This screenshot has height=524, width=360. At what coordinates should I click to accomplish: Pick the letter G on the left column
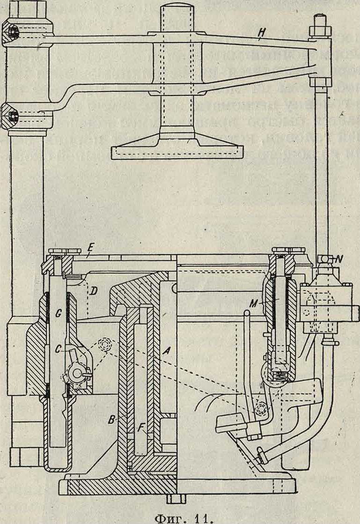click(58, 315)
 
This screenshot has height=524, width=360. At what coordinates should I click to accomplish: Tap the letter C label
click(58, 348)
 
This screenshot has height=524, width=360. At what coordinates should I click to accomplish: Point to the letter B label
click(111, 420)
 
